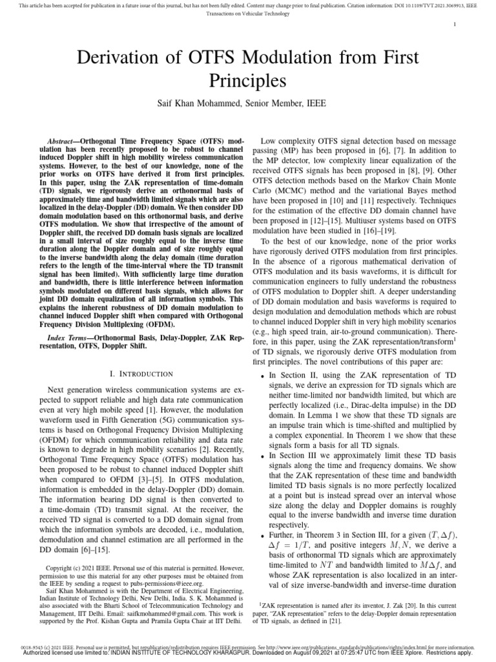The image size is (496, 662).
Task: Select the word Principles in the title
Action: [x=248, y=81]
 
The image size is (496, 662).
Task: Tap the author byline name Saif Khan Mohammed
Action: [x=213, y=103]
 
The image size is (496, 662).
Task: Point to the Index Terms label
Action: [x=72, y=338]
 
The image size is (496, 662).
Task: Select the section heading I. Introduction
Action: [x=137, y=374]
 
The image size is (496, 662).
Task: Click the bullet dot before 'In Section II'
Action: [x=262, y=376]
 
